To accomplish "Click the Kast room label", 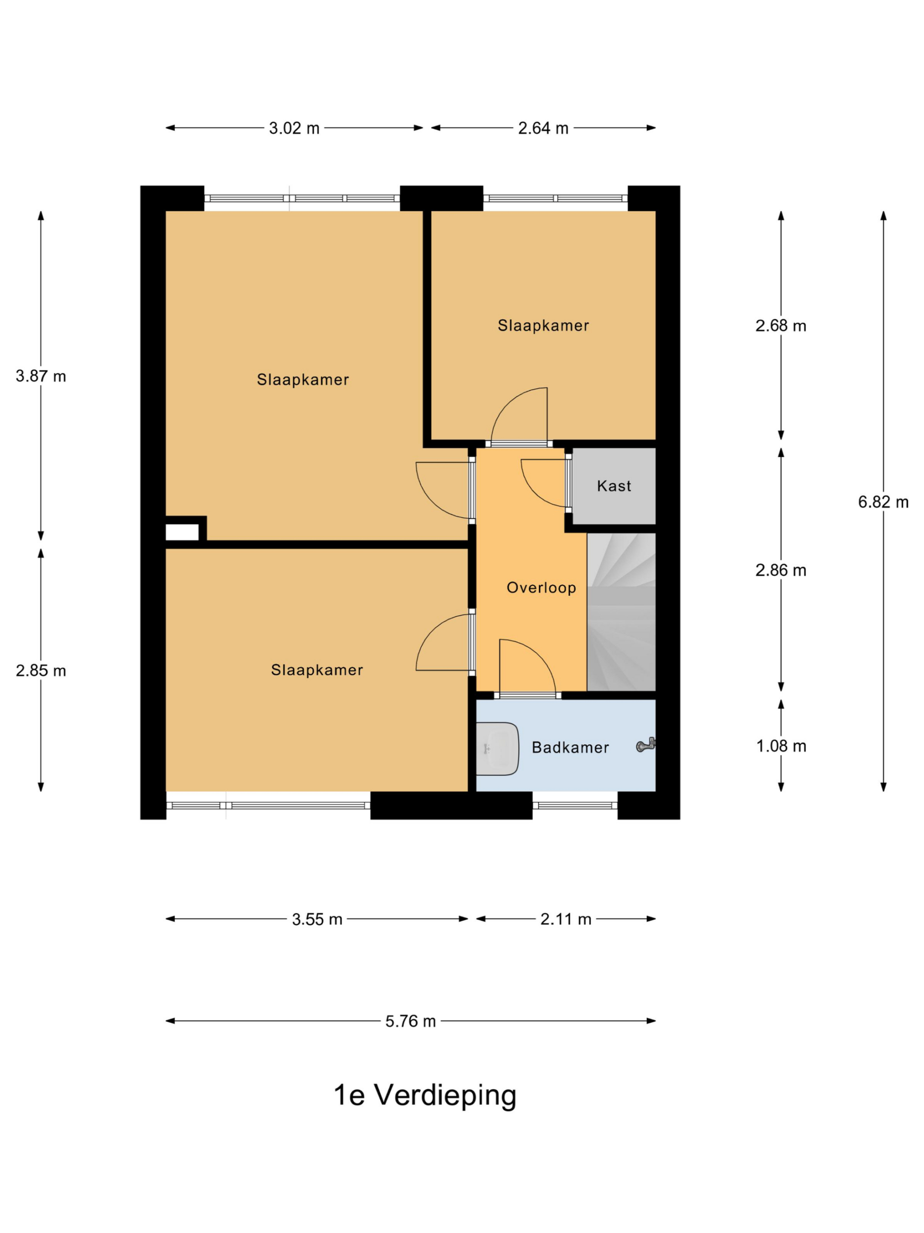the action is click(x=614, y=486).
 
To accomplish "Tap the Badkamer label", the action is click(x=570, y=748).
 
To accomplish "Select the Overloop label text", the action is click(x=541, y=588).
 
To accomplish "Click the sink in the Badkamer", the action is click(x=497, y=748).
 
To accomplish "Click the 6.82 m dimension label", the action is click(x=883, y=502).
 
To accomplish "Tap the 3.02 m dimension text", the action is click(x=294, y=128).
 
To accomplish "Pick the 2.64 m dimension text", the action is click(x=543, y=128).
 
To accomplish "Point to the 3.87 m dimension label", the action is click(x=40, y=376).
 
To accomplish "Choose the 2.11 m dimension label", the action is click(x=565, y=919).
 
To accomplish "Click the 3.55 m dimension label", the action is click(x=317, y=919).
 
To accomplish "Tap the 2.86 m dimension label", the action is click(x=781, y=570).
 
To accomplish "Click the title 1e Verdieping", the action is click(x=425, y=1095).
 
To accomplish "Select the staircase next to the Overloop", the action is click(x=621, y=612).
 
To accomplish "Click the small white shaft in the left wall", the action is click(x=182, y=532).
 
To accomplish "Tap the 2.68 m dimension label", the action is click(x=781, y=326).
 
